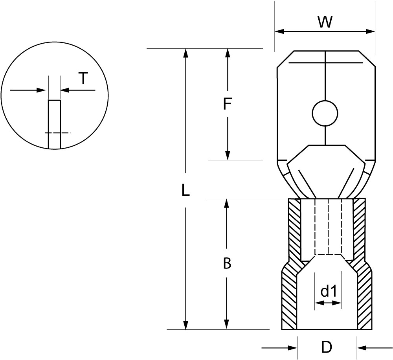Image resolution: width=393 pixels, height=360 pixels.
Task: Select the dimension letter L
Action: click(186, 190)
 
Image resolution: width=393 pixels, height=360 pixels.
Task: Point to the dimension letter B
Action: click(227, 263)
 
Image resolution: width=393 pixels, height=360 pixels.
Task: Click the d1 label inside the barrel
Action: click(328, 291)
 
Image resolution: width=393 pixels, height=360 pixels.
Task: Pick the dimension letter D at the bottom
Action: click(327, 347)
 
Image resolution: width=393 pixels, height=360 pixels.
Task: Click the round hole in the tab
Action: click(325, 113)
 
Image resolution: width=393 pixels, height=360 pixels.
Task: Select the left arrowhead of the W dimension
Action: click(279, 31)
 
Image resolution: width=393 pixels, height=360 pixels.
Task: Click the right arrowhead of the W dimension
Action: click(371, 31)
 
